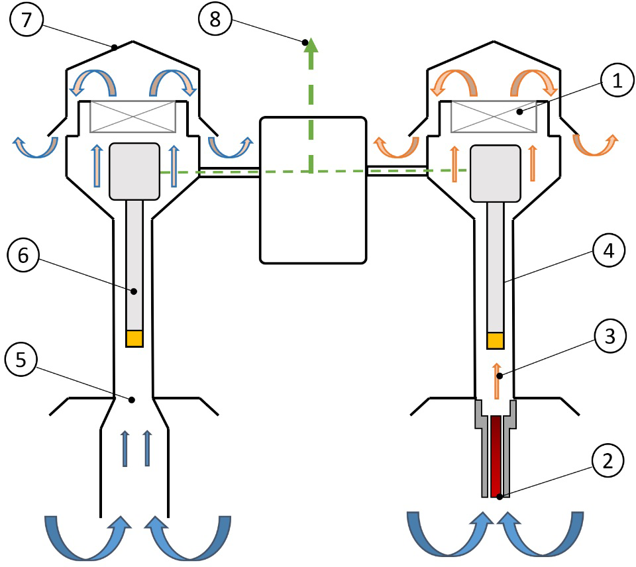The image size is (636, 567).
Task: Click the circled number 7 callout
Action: [x=26, y=21]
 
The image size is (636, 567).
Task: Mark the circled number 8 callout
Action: [x=215, y=21]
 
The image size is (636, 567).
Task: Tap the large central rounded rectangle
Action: [x=313, y=190]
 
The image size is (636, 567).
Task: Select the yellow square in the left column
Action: [x=134, y=338]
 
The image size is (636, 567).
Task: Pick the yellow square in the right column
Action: [x=496, y=340]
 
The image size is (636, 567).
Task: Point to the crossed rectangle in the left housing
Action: [x=132, y=115]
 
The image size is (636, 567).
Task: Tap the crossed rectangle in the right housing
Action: [x=493, y=115]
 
